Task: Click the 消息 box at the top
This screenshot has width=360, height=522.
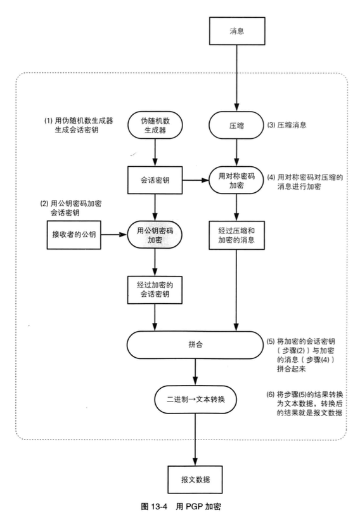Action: pyautogui.click(x=236, y=30)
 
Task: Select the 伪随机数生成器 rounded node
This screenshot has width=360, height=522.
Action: pyautogui.click(x=155, y=126)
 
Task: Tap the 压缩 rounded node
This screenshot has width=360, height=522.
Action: pyautogui.click(x=236, y=126)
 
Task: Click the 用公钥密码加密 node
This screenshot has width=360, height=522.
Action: pyautogui.click(x=155, y=234)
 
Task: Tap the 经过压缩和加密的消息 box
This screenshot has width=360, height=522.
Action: pyautogui.click(x=236, y=234)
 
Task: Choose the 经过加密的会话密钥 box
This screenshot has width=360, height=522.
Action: pyautogui.click(x=155, y=289)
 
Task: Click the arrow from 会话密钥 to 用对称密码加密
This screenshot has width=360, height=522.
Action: pyautogui.click(x=196, y=181)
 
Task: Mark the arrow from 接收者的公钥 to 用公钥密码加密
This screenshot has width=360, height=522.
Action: pyautogui.click(x=114, y=234)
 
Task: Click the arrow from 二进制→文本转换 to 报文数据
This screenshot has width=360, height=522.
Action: pyautogui.click(x=195, y=438)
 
